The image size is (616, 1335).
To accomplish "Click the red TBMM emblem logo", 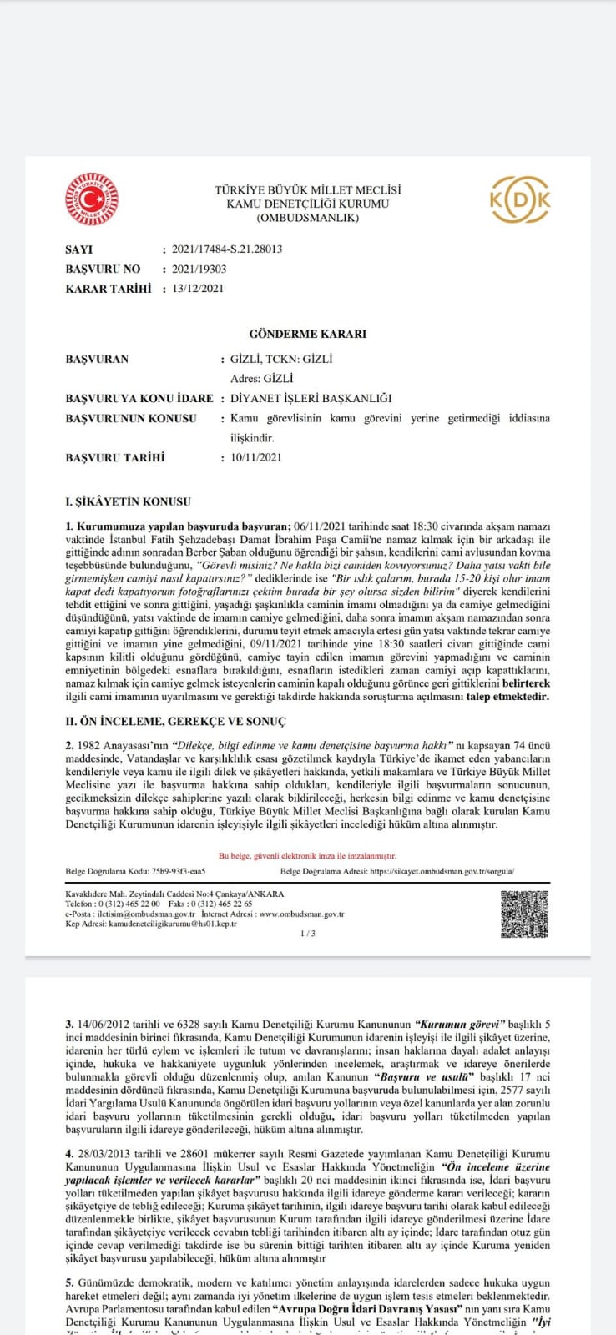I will pyautogui.click(x=93, y=199).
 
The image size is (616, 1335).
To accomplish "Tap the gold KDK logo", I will pyautogui.click(x=519, y=199).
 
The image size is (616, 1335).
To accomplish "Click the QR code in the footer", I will pyautogui.click(x=525, y=914).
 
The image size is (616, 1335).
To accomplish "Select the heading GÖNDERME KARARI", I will pyautogui.click(x=308, y=334).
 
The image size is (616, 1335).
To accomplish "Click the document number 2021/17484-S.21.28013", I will pyautogui.click(x=226, y=249).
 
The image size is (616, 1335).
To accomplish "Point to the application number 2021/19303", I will pyautogui.click(x=199, y=270).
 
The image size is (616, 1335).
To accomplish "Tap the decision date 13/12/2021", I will pyautogui.click(x=198, y=289).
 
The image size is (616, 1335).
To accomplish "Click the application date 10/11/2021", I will pyautogui.click(x=256, y=457).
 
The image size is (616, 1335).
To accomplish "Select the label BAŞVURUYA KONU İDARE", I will pyautogui.click(x=139, y=399).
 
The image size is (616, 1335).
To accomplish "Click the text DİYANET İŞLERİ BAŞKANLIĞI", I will pyautogui.click(x=311, y=399).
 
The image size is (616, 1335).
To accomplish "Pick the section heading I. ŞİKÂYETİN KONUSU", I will pyautogui.click(x=128, y=502).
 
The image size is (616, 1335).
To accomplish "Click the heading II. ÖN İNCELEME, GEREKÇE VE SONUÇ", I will pyautogui.click(x=175, y=721).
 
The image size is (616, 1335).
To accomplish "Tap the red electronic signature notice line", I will pyautogui.click(x=307, y=856).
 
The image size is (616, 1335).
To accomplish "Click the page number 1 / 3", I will pyautogui.click(x=307, y=934).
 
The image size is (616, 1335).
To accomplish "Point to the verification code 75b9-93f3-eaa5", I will pyautogui.click(x=179, y=872).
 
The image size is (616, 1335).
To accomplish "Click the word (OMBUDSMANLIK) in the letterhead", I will pyautogui.click(x=308, y=218).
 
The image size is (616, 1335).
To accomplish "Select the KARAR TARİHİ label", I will pyautogui.click(x=109, y=289).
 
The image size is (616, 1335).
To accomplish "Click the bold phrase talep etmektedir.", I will pyautogui.click(x=507, y=696).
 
